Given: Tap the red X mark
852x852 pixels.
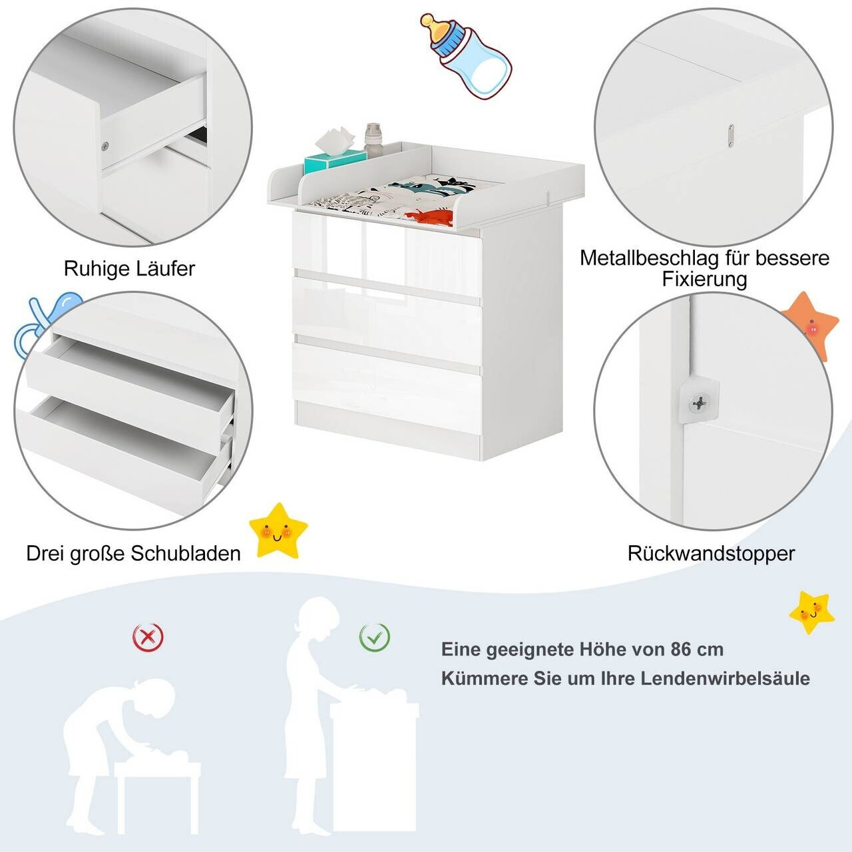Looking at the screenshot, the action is (148, 637).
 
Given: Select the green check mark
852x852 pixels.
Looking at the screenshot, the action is (375, 637).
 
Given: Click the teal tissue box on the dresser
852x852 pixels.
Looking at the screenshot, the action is (335, 159).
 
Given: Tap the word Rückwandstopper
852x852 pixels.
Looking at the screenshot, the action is (711, 554).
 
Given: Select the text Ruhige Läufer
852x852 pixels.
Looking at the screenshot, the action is (129, 269).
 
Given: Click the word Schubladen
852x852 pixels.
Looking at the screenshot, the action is (186, 554).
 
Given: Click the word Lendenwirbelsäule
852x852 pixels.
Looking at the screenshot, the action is (725, 679).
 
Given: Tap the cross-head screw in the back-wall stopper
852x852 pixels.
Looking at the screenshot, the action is (699, 403).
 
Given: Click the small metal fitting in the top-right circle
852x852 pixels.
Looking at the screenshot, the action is (730, 135).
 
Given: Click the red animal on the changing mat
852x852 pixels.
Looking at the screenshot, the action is (429, 216).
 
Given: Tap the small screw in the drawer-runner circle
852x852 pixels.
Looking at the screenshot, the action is (105, 146).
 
